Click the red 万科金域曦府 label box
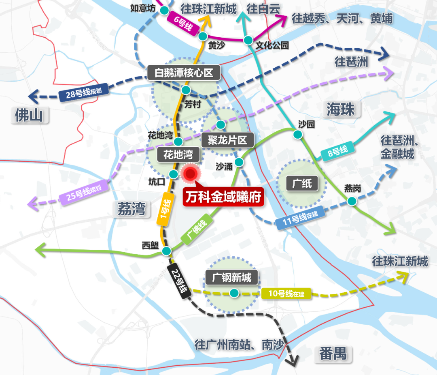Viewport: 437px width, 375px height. (223, 197)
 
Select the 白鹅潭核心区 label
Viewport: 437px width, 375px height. (183, 73)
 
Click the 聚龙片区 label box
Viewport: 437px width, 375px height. (227, 140)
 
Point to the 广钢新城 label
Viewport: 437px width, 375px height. (231, 278)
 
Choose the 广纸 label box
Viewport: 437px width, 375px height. (302, 184)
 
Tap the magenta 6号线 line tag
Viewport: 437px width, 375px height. (184, 24)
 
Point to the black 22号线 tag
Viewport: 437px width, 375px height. (178, 279)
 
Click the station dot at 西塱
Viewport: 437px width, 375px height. (166, 251)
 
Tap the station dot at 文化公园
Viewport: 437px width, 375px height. (248, 40)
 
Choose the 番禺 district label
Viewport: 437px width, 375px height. (333, 354)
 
